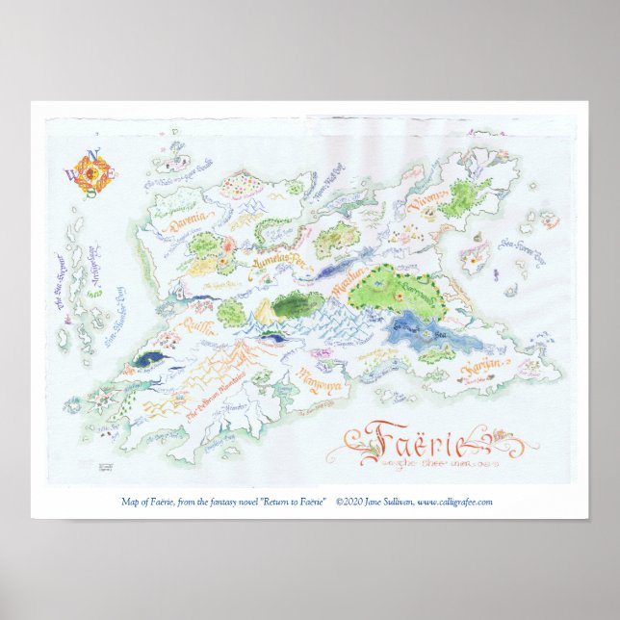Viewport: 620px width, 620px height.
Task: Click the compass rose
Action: click(x=93, y=172)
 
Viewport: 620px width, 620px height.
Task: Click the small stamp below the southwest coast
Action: click(x=107, y=466)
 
